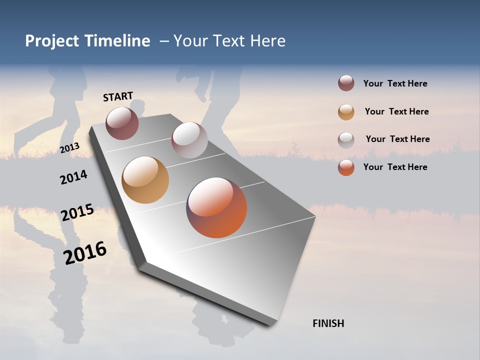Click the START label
pos(118,96)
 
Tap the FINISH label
pos(328,323)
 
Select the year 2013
pos(69,147)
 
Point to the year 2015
pos(77,212)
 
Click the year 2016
pos(85,253)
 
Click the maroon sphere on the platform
pos(122,123)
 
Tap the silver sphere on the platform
pos(189,140)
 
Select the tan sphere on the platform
pos(145,180)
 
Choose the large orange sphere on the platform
pos(216,207)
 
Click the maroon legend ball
pos(346,83)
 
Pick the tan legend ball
pos(346,112)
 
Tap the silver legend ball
pos(346,139)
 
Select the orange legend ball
pos(346,167)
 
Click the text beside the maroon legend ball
pos(395,84)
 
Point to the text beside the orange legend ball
pos(395,167)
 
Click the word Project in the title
pos(52,41)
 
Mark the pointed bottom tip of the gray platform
pos(270,325)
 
